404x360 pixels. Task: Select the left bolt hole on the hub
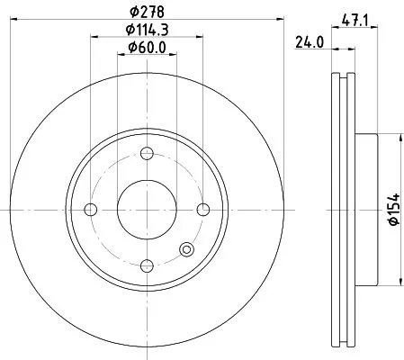click(x=90, y=210)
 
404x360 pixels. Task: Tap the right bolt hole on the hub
click(x=202, y=210)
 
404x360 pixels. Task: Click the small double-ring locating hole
click(x=186, y=250)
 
